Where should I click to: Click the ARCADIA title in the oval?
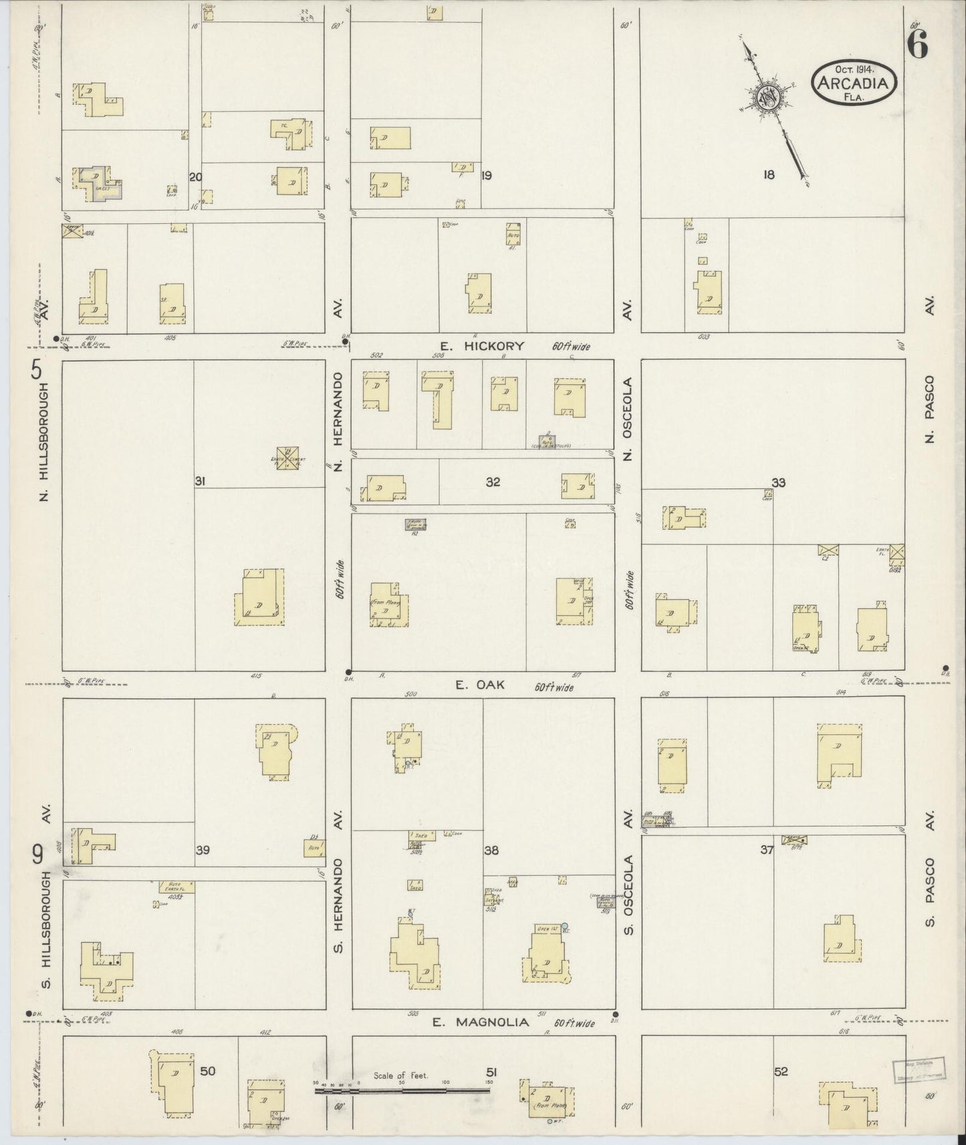[854, 83]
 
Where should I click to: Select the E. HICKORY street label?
[482, 346]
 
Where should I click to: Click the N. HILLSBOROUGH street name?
[45, 442]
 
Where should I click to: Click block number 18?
[769, 175]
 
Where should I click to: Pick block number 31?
[200, 481]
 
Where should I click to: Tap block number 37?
[767, 850]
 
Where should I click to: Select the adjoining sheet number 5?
[36, 369]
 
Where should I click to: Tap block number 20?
[195, 177]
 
